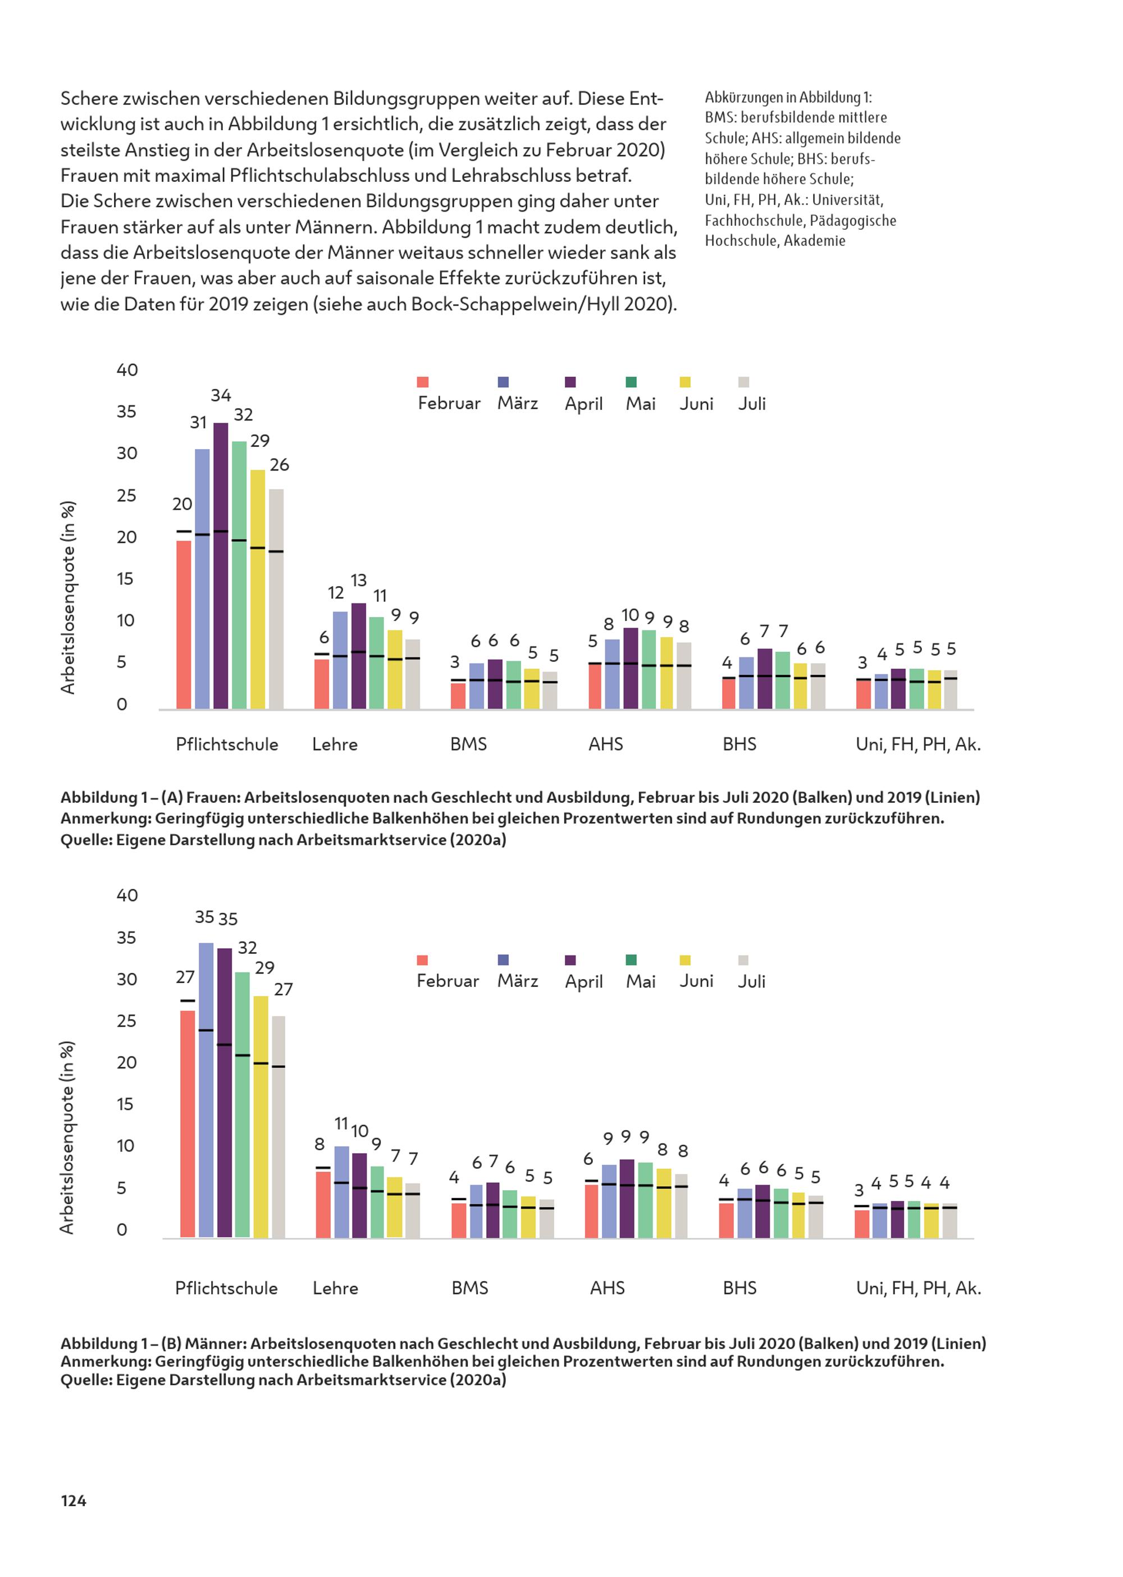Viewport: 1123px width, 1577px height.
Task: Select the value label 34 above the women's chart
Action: (x=221, y=395)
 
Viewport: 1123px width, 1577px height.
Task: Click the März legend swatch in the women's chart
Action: (x=504, y=382)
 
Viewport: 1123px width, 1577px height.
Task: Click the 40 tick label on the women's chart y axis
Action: (x=127, y=370)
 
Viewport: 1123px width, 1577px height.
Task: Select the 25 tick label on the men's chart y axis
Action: (x=126, y=1021)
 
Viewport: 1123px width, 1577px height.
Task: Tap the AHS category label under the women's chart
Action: (x=606, y=744)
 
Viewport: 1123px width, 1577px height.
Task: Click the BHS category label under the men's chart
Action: (x=740, y=1288)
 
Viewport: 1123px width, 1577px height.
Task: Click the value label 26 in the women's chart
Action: (x=280, y=465)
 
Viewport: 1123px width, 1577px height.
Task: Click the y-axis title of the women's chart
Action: (x=67, y=598)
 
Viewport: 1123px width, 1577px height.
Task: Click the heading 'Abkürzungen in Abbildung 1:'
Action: (x=788, y=98)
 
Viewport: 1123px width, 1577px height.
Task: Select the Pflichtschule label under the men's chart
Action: (x=226, y=1288)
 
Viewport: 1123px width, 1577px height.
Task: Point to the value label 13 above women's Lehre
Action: (x=358, y=580)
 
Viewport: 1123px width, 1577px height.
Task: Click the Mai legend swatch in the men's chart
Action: (x=631, y=959)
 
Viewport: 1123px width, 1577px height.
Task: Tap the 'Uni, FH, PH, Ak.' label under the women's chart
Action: (x=918, y=744)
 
